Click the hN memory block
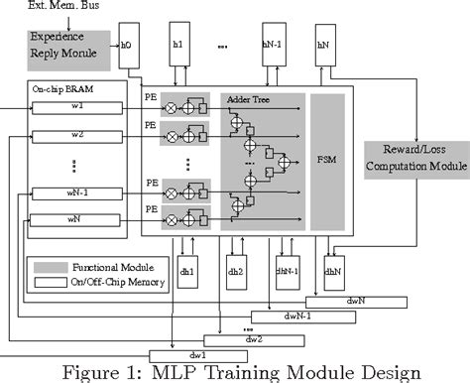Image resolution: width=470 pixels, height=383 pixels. coord(321,45)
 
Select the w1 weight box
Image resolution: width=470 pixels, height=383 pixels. coord(77,106)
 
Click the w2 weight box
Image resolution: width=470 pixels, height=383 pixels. coord(77,135)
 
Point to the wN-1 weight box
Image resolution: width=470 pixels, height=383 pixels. coord(77,192)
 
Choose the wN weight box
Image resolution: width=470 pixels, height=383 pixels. coord(77,219)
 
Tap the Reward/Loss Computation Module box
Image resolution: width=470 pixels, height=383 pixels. coord(414,157)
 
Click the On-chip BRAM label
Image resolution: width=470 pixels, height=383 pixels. coord(56,90)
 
